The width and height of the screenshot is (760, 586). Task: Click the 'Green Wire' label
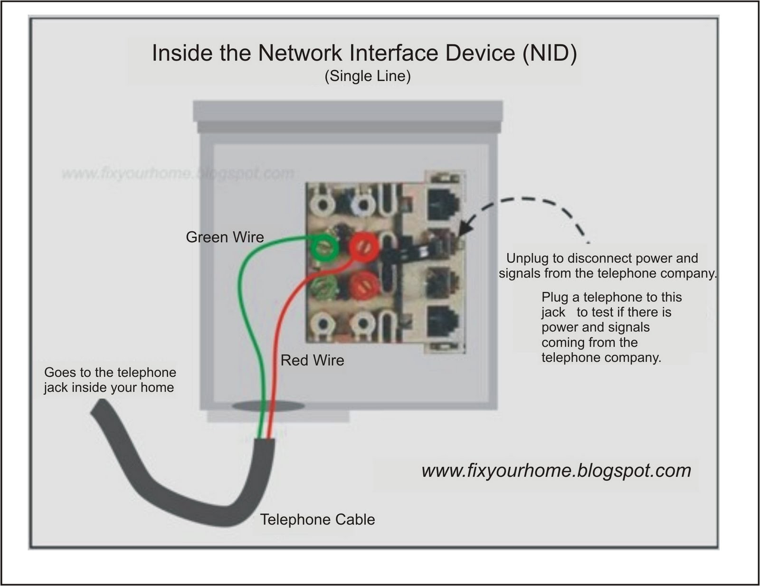(225, 237)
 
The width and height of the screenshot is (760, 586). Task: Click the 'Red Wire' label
(312, 360)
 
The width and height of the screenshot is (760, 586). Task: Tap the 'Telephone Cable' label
(317, 519)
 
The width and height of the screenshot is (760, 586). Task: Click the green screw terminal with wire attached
(325, 247)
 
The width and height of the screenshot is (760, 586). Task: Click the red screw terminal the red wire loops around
(364, 247)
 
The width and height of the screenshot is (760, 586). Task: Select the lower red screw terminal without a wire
(364, 285)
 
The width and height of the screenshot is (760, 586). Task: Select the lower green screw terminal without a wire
(325, 285)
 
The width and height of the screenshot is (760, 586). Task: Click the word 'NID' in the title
(550, 53)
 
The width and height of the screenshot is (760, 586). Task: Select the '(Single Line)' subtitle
(367, 76)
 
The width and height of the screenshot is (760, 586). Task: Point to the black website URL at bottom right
(556, 471)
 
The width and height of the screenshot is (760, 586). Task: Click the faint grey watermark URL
(178, 173)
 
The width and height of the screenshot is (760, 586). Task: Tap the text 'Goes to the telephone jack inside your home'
(110, 380)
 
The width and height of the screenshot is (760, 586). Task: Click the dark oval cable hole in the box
(268, 406)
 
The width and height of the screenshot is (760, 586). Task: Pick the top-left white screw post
(323, 205)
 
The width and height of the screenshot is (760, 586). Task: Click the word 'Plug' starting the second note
(555, 297)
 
